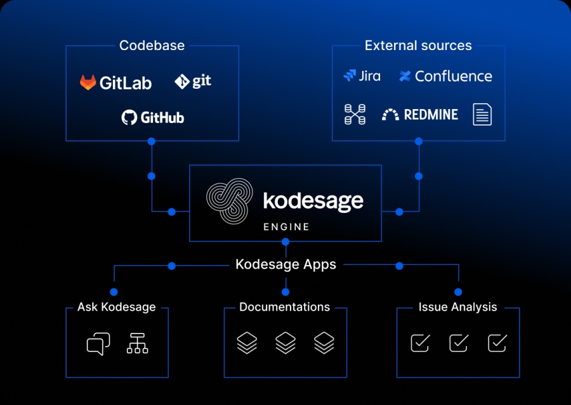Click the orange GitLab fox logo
point(88,82)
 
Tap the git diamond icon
point(181,82)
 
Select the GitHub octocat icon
point(129,117)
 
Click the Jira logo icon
point(350,75)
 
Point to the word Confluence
point(454,76)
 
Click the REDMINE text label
point(431,115)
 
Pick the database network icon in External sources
point(355,114)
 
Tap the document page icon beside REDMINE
point(482,114)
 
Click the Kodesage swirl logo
point(230,201)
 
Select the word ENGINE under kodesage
point(286,227)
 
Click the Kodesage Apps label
point(286,264)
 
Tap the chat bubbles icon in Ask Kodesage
point(98,344)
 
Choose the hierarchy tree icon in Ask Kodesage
point(137,343)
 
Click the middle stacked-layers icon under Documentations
point(285,343)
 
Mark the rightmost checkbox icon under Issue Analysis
point(497,343)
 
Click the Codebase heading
point(152,46)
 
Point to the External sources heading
point(418,46)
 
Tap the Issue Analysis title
point(457,307)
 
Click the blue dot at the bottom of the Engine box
point(285,241)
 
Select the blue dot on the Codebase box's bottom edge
point(152,141)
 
